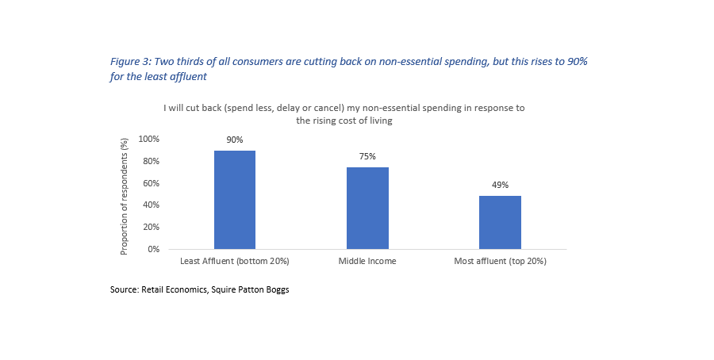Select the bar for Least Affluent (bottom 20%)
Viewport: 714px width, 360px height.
[235, 200]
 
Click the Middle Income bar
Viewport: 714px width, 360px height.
[367, 208]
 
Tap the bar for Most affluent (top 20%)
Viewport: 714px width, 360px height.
[501, 222]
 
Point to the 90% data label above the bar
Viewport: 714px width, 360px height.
[235, 140]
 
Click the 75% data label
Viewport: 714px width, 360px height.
[367, 157]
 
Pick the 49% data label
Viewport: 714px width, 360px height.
[501, 186]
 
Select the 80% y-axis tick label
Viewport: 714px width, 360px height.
[151, 162]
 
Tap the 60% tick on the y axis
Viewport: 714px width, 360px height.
[151, 183]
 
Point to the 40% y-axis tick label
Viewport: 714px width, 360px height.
[151, 205]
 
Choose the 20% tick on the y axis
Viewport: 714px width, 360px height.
[151, 228]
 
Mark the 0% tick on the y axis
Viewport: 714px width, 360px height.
[153, 249]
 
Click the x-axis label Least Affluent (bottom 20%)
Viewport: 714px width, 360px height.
[235, 261]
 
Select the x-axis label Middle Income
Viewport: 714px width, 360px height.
[367, 261]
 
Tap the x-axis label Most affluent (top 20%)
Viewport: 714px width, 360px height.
[501, 261]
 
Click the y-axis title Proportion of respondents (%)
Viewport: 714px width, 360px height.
[124, 195]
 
